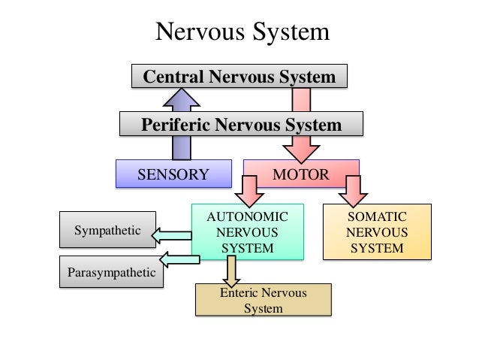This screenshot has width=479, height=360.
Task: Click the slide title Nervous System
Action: coord(242,32)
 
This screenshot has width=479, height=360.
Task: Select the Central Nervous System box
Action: coord(239,77)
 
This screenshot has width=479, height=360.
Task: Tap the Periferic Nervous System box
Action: coord(241,125)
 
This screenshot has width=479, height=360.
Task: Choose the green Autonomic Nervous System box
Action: coord(247,232)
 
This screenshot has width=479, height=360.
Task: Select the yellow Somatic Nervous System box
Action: coord(377,232)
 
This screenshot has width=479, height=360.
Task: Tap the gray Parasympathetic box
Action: coord(111,272)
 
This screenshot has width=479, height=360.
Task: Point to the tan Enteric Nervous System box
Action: coord(263,300)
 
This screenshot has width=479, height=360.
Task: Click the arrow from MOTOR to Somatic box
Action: coord(354,192)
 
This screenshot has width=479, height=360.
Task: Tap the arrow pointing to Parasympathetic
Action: coord(180,260)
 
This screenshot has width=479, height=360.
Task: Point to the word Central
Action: coord(175,77)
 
